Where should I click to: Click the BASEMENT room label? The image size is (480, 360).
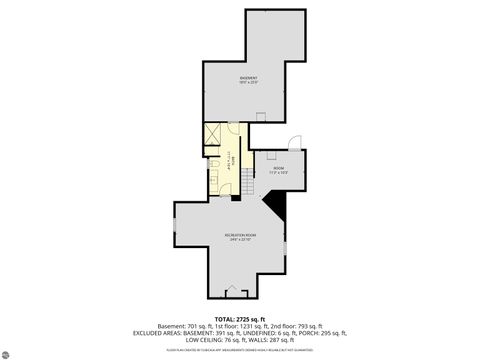pyautogui.click(x=248, y=79)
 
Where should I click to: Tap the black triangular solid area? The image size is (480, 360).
pyautogui.click(x=281, y=205)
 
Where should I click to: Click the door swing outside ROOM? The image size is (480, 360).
pyautogui.click(x=292, y=142)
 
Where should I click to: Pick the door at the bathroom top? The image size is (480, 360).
pyautogui.click(x=232, y=126)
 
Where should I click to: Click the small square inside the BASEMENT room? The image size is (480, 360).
pyautogui.click(x=260, y=117)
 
